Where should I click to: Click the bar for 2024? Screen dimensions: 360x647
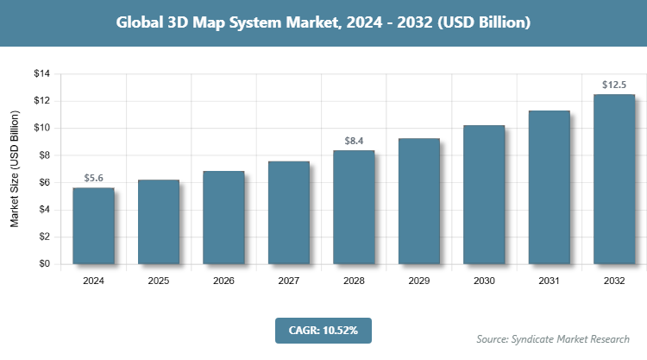(x=93, y=225)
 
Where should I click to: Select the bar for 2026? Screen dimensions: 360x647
(x=223, y=218)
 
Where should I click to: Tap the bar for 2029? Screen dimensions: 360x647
(x=418, y=201)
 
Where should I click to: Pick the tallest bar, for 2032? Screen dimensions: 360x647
(x=614, y=179)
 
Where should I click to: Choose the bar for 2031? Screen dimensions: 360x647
(x=549, y=187)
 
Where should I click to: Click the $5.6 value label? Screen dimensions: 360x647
(x=93, y=178)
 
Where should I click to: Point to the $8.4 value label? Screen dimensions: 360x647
(x=354, y=141)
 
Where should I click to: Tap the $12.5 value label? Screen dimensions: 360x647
(x=614, y=85)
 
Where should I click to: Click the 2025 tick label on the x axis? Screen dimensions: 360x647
(x=159, y=281)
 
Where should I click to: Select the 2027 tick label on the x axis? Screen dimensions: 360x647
(x=289, y=281)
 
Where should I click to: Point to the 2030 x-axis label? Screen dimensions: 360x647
(x=484, y=281)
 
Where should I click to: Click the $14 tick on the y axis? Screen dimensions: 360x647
(x=42, y=74)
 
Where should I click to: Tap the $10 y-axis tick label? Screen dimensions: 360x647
(x=42, y=129)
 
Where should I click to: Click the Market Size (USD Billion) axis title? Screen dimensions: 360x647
(x=15, y=169)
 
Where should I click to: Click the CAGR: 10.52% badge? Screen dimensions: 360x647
(x=323, y=330)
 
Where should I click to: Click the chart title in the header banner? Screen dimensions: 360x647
(x=323, y=23)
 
